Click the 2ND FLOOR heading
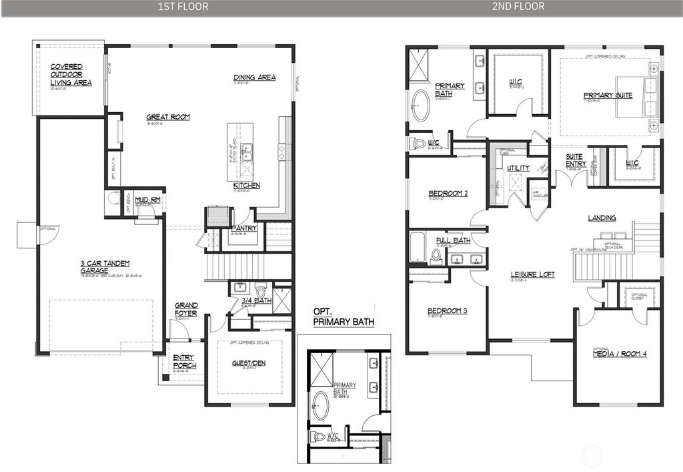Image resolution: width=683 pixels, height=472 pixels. [518, 7]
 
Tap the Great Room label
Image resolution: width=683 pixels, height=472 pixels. [168, 117]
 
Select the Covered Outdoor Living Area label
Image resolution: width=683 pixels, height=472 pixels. [71, 75]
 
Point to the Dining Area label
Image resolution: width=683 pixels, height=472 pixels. [254, 77]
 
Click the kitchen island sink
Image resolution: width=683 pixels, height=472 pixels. [247, 154]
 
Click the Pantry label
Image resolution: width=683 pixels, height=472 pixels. [244, 228]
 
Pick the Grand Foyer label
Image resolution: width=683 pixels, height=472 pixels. [186, 309]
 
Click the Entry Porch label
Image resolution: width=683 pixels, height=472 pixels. [183, 362]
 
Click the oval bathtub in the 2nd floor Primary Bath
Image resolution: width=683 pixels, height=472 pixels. [420, 105]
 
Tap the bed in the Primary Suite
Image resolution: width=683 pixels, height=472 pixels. [644, 95]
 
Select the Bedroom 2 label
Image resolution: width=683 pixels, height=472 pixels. [447, 194]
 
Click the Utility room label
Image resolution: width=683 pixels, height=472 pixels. [518, 168]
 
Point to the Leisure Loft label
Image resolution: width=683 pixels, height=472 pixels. [532, 274]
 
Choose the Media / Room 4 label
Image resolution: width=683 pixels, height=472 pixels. [620, 354]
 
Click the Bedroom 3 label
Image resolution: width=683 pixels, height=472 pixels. [447, 311]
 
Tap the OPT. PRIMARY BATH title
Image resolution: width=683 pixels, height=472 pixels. [344, 317]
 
